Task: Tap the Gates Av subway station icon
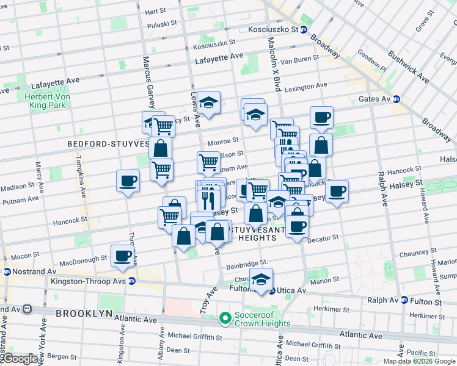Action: point(396,99)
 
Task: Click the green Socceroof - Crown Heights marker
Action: point(225,317)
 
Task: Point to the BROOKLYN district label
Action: point(84,313)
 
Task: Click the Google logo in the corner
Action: point(20,359)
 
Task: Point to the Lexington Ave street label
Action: point(305,86)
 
